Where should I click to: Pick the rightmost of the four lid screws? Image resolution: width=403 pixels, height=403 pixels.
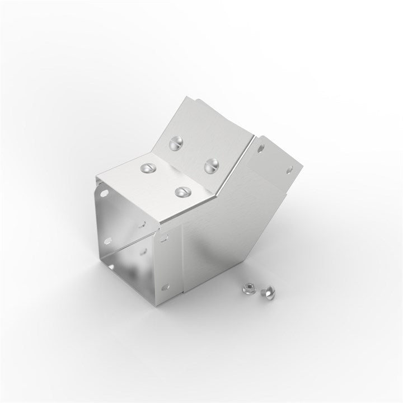pos(212,165)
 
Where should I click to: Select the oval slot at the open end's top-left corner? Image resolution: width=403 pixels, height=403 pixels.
pos(104,194)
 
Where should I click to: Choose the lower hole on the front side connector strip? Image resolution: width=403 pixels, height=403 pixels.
pos(164,288)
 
